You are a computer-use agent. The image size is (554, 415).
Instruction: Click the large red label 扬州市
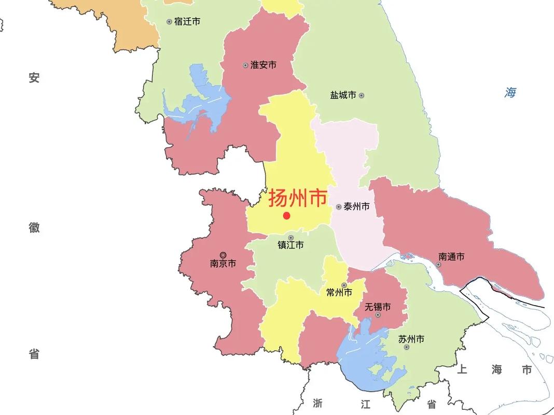point(297,198)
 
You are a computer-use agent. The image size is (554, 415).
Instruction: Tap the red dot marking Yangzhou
point(286,215)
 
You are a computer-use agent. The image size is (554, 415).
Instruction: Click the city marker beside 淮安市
point(245,65)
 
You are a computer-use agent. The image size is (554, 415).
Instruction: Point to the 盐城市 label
point(343,95)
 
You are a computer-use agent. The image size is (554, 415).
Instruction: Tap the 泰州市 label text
point(356,206)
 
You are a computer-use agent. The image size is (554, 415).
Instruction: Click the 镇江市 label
point(290,245)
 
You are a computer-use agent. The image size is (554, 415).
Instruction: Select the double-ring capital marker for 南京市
point(223,255)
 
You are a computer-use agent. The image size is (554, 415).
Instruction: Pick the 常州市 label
point(339,293)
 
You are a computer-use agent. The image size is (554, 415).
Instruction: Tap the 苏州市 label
point(411,339)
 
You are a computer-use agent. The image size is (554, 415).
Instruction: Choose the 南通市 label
point(451,256)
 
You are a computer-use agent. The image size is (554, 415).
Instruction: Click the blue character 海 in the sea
point(510,93)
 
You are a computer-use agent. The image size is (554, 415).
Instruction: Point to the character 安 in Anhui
point(34,78)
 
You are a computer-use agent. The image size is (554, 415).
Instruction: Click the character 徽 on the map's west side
point(34,227)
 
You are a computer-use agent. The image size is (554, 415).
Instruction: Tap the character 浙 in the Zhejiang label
point(318,403)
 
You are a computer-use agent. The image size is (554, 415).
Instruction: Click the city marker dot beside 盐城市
point(362,95)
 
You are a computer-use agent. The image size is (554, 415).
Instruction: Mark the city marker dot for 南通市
point(438,265)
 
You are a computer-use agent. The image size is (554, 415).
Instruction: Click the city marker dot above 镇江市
point(290,238)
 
